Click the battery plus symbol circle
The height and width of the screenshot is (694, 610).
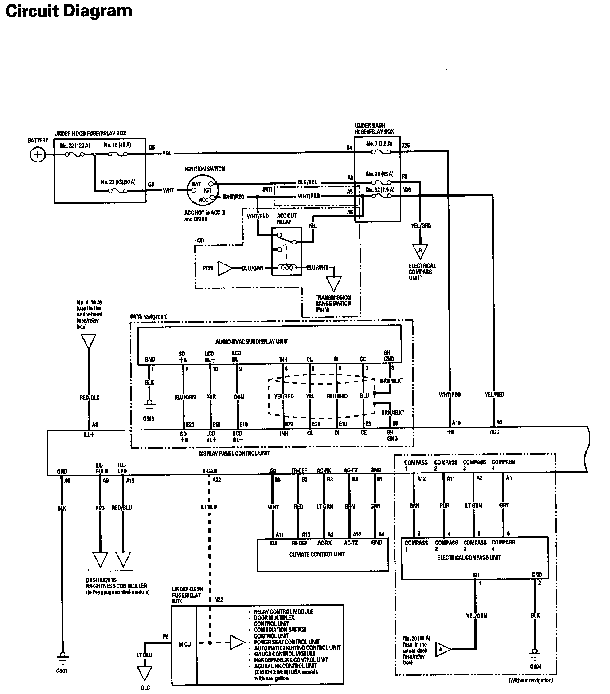tap(38, 154)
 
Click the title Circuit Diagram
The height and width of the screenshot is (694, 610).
tap(69, 11)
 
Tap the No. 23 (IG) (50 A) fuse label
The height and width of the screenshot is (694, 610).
tap(118, 182)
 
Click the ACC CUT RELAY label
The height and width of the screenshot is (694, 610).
tap(286, 218)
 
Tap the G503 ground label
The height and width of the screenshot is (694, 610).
tap(149, 418)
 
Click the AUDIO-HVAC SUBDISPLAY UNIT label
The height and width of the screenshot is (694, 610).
tap(251, 341)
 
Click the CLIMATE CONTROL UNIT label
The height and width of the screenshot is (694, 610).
tap(317, 554)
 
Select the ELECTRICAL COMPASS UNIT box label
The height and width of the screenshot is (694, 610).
tap(469, 557)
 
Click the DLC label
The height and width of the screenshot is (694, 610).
tap(145, 688)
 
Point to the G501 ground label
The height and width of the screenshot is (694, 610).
tap(62, 671)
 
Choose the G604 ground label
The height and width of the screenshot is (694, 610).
tap(535, 666)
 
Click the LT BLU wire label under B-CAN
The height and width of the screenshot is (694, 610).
tap(209, 507)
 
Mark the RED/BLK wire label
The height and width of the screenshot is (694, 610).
tap(90, 398)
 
